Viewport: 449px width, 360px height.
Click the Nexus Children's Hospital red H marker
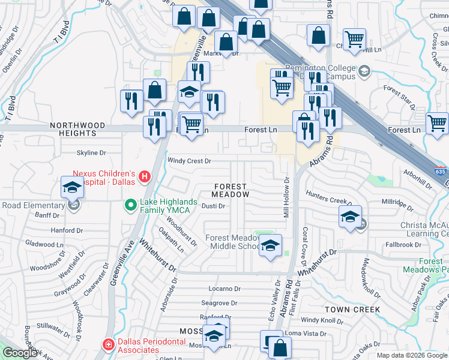coord(144,176)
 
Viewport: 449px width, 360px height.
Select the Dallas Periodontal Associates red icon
coord(108,344)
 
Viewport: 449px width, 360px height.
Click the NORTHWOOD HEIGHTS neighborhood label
coord(77,129)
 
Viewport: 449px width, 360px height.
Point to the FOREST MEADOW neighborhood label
coord(231,191)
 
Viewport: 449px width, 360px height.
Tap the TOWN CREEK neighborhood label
coord(352,310)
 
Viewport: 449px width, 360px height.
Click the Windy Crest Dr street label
coord(189,161)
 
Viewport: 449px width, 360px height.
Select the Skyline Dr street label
coord(91,153)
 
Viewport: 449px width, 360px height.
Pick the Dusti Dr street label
coord(213,206)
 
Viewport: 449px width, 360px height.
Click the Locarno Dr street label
coord(224,289)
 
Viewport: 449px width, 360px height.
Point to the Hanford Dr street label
coord(67,230)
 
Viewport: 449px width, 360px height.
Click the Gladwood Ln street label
coord(44,243)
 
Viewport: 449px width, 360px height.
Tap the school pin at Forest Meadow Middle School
coord(270,245)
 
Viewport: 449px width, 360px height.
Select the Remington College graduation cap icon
coord(363,73)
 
